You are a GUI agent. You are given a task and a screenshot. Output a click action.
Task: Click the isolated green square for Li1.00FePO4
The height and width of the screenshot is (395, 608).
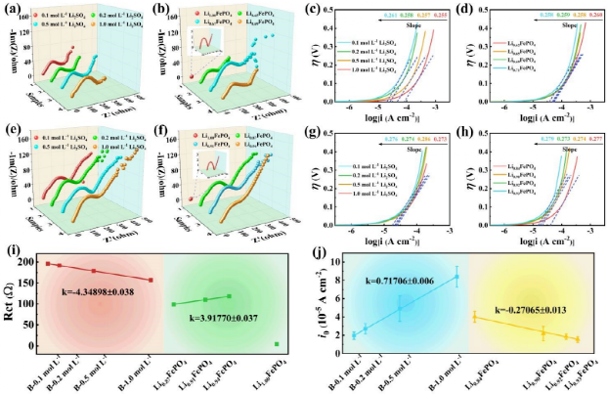(x=277, y=344)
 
